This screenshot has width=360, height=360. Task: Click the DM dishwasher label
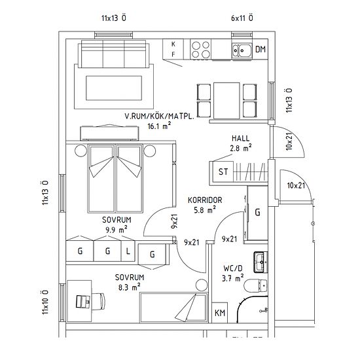click(261, 50)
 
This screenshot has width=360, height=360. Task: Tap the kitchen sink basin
click(243, 49)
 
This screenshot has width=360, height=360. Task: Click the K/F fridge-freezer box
click(173, 48)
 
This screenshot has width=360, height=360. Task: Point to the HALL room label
click(241, 138)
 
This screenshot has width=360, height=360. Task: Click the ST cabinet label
click(223, 173)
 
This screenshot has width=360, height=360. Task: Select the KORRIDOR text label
click(206, 200)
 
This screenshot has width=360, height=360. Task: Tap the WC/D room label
click(232, 268)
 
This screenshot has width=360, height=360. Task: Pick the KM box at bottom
click(221, 313)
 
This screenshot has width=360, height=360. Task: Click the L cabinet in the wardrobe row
click(128, 251)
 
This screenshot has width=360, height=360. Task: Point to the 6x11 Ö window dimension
click(242, 18)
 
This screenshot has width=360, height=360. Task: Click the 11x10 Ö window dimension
click(45, 302)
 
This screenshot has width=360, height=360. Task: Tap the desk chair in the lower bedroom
click(83, 300)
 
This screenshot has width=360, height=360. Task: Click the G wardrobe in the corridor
click(257, 213)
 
